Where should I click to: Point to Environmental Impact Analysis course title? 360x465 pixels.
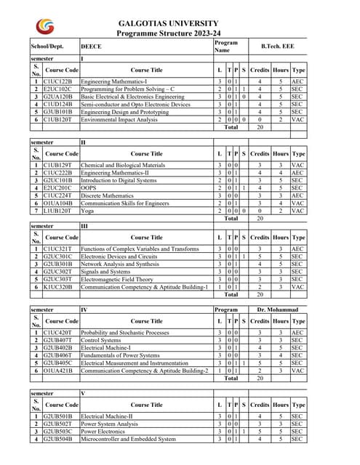(119, 119)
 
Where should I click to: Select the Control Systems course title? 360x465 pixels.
(101, 339)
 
